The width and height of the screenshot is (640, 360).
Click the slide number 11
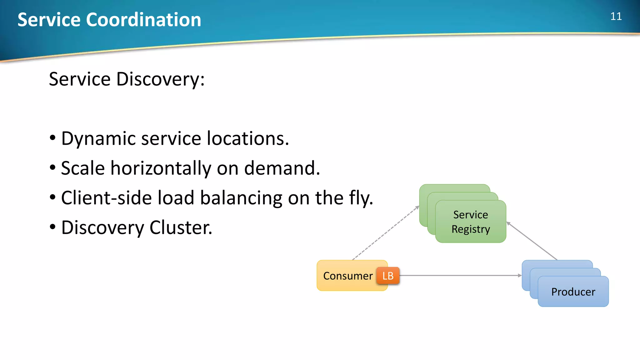point(616,16)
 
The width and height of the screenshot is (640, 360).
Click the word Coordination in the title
point(143,20)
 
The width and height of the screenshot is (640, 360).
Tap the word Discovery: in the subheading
point(160,79)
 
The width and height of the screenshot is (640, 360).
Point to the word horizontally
point(161,168)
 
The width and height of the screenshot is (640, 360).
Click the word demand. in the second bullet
point(282,168)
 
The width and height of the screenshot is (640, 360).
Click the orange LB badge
point(388,276)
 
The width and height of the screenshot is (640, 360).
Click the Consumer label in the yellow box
point(348,276)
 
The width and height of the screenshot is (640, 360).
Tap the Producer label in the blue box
point(573,292)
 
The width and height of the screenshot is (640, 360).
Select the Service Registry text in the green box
point(471,222)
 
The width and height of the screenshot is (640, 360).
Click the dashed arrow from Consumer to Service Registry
point(386,233)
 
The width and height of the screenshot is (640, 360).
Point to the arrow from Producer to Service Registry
point(532,241)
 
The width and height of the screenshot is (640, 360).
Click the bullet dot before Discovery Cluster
point(52,227)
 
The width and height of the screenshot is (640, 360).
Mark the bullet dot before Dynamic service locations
point(52,138)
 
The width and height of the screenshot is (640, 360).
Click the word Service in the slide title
point(49,20)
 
